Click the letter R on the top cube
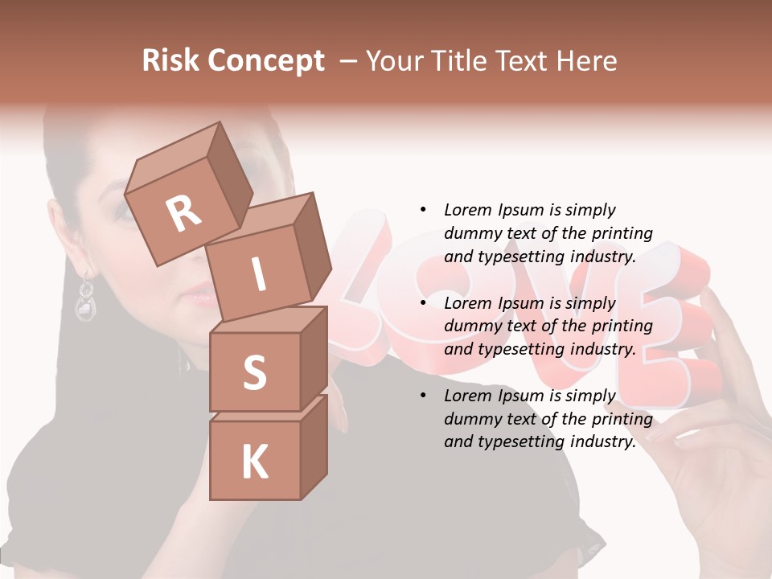click(x=183, y=213)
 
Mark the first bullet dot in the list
click(x=423, y=210)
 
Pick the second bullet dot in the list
click(x=423, y=303)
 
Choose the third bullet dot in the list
click(x=423, y=396)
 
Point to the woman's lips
click(x=199, y=298)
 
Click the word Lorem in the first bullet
click(x=466, y=210)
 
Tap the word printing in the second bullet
click(x=622, y=326)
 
